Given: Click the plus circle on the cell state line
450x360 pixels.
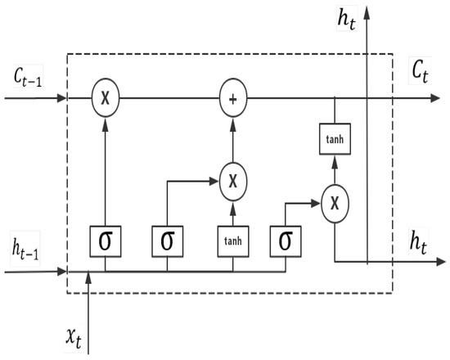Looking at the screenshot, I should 233,99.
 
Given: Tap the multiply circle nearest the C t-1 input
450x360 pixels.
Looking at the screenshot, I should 105,99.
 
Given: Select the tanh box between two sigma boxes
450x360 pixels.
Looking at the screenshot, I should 233,241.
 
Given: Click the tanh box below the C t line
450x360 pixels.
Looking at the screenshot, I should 334,139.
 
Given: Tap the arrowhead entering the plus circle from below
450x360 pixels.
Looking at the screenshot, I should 233,118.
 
